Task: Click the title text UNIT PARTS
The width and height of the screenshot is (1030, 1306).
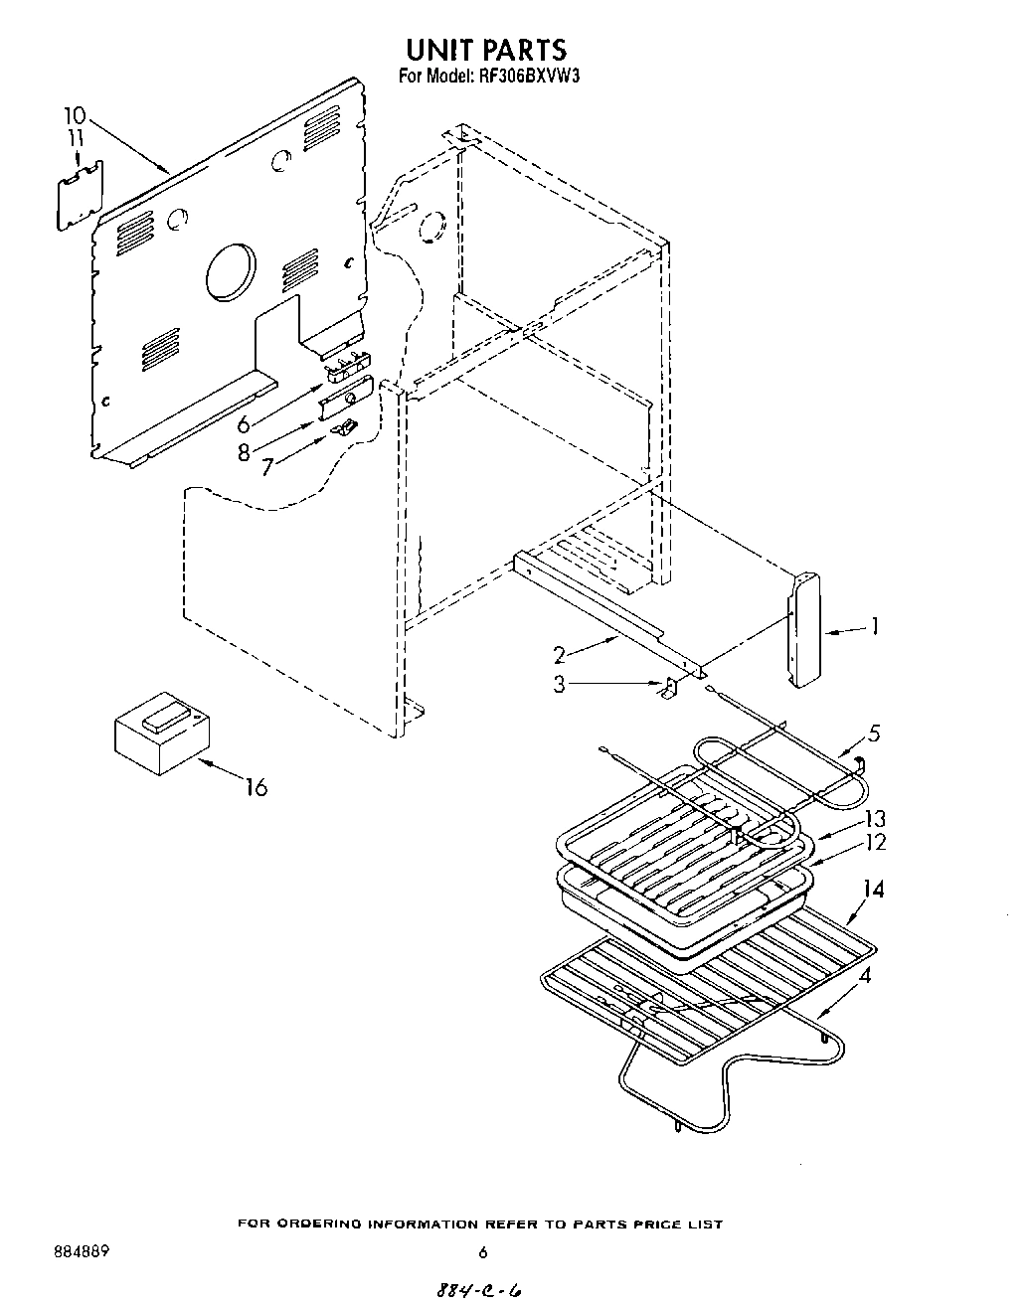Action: [x=485, y=49]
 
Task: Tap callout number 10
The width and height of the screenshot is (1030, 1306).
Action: [x=76, y=115]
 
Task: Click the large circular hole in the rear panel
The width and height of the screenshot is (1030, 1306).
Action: [x=231, y=271]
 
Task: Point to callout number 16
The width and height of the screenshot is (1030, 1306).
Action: [x=257, y=788]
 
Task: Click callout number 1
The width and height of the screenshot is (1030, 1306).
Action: [x=874, y=626]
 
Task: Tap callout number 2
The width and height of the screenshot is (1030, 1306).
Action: [x=561, y=654]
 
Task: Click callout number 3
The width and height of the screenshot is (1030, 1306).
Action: [x=561, y=684]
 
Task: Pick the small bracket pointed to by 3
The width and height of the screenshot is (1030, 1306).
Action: [x=671, y=687]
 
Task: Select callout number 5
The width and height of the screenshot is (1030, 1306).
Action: [x=874, y=735]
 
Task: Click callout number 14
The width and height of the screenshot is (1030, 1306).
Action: [x=872, y=890]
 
